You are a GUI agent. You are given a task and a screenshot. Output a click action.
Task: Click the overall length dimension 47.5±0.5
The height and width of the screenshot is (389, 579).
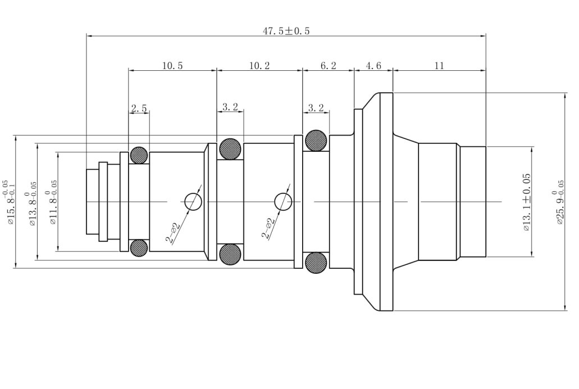coord(286,31)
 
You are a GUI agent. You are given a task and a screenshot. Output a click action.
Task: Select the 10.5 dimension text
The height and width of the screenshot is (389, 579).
coord(172,66)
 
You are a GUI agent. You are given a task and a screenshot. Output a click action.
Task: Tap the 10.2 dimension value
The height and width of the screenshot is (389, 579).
coord(259,66)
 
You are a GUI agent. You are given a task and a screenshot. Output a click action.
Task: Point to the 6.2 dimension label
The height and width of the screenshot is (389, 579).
coord(329,66)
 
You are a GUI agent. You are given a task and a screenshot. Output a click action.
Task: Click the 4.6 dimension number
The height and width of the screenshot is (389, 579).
coord(373,66)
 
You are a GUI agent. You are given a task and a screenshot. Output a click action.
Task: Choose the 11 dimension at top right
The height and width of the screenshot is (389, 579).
coord(439,66)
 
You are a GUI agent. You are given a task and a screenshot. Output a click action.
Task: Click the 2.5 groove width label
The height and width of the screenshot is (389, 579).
coord(139,108)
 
